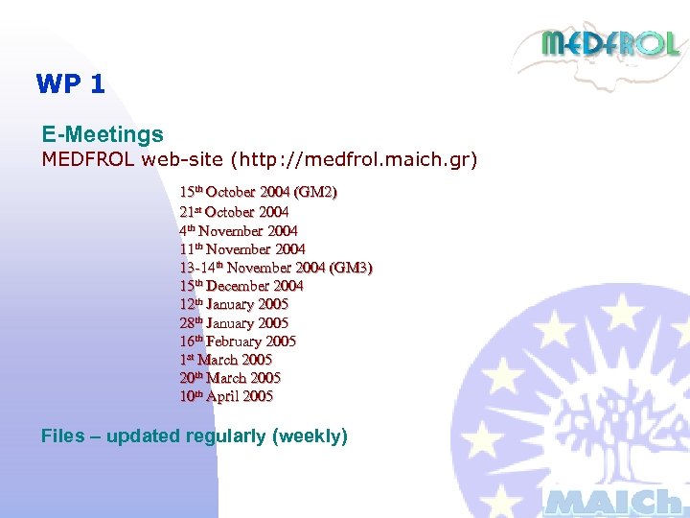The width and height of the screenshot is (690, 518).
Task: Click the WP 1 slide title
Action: click(x=70, y=84)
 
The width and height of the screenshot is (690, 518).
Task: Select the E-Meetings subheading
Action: click(x=103, y=135)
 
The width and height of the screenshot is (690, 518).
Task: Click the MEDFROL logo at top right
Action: click(x=609, y=44)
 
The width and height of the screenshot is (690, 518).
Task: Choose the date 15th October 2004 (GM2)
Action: click(x=258, y=193)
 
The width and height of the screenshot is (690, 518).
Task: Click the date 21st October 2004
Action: click(x=234, y=212)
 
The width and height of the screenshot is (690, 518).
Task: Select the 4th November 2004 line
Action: click(x=238, y=230)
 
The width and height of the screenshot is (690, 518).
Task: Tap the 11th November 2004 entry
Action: click(x=241, y=249)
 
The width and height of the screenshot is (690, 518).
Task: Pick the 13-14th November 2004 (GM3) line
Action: click(x=275, y=268)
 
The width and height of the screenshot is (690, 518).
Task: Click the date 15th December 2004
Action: click(x=241, y=286)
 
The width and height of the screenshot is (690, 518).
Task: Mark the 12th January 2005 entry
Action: click(x=234, y=304)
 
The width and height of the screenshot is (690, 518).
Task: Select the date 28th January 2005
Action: click(x=234, y=323)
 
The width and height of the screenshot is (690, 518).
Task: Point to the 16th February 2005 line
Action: click(x=238, y=341)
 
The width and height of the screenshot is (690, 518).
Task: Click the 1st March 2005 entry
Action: click(x=225, y=360)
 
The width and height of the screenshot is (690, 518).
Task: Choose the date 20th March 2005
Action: click(x=230, y=378)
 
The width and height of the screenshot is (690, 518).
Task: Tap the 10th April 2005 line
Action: click(x=226, y=396)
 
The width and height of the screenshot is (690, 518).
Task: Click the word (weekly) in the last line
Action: click(x=310, y=436)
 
